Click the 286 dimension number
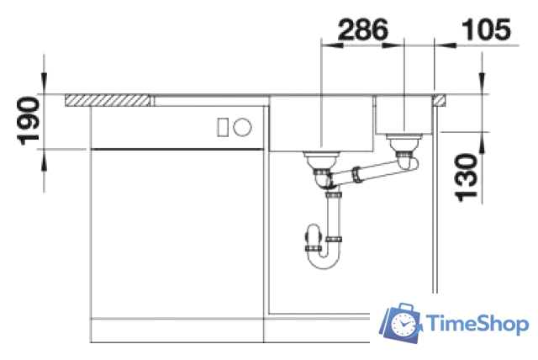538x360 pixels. [x=363, y=29]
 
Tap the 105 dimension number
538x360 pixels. [x=487, y=29]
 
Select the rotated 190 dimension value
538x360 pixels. [x=28, y=121]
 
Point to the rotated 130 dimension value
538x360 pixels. [x=466, y=177]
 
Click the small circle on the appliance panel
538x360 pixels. [x=242, y=127]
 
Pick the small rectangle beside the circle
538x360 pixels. [x=223, y=127]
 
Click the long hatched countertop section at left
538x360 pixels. [x=108, y=100]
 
